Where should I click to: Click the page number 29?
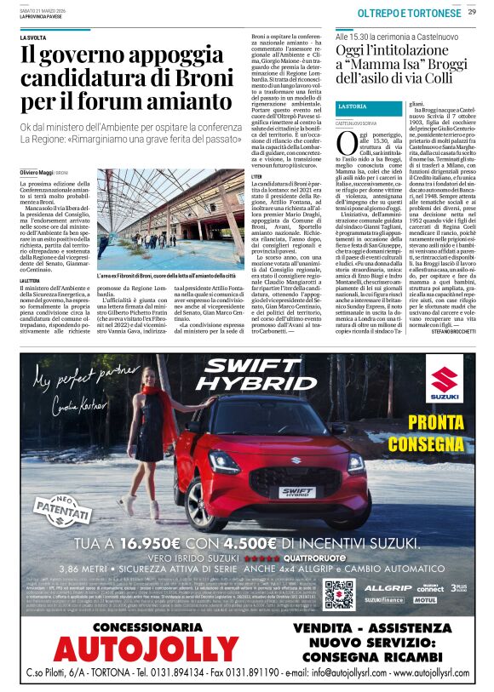472,11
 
